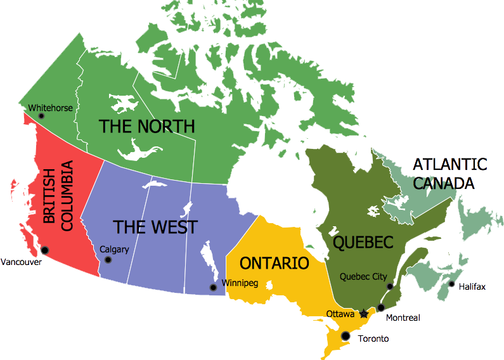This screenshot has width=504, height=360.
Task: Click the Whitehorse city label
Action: pyautogui.click(x=51, y=108)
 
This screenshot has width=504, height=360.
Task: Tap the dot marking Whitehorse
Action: pyautogui.click(x=41, y=117)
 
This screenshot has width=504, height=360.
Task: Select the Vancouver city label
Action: pyautogui.click(x=21, y=262)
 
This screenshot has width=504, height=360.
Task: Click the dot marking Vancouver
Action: pyautogui.click(x=44, y=250)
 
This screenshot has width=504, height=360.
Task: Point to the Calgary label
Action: pyautogui.click(x=114, y=249)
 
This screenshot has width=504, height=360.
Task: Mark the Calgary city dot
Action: pyautogui.click(x=108, y=260)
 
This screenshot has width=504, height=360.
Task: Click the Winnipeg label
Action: pyautogui.click(x=240, y=283)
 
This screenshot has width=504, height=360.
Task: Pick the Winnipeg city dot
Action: pyautogui.click(x=214, y=288)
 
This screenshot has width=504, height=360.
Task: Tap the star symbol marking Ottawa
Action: pyautogui.click(x=363, y=313)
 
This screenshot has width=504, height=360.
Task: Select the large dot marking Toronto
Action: pyautogui.click(x=346, y=335)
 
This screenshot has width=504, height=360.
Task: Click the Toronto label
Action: pyautogui.click(x=373, y=338)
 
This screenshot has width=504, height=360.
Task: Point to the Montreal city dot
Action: pyautogui.click(x=380, y=308)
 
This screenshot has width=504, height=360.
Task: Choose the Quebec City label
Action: pyautogui.click(x=363, y=276)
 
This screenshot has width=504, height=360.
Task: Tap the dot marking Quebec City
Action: pyautogui.click(x=390, y=286)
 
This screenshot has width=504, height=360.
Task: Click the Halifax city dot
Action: pyautogui.click(x=451, y=283)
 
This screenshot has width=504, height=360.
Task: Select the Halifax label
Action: pyautogui.click(x=472, y=287)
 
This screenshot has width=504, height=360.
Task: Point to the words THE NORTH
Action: pyautogui.click(x=147, y=126)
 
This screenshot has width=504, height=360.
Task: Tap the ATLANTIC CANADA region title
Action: pyautogui.click(x=449, y=174)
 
